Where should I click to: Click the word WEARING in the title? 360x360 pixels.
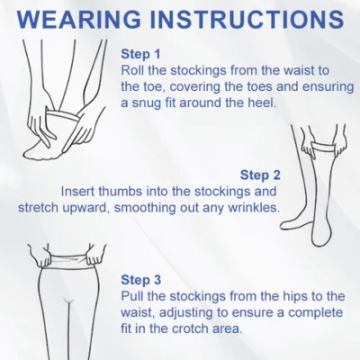[x=78, y=20]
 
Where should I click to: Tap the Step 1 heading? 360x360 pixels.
[x=140, y=54]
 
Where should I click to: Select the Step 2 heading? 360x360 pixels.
[x=260, y=175]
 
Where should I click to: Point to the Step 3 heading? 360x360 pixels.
[x=141, y=280]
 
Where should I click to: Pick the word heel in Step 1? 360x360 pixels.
[x=265, y=103]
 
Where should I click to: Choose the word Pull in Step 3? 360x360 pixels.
[x=131, y=296]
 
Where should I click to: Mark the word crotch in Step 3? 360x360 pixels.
[x=189, y=328]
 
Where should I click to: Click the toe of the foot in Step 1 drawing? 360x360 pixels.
[x=30, y=153]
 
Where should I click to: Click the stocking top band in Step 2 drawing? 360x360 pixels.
[x=323, y=147]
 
